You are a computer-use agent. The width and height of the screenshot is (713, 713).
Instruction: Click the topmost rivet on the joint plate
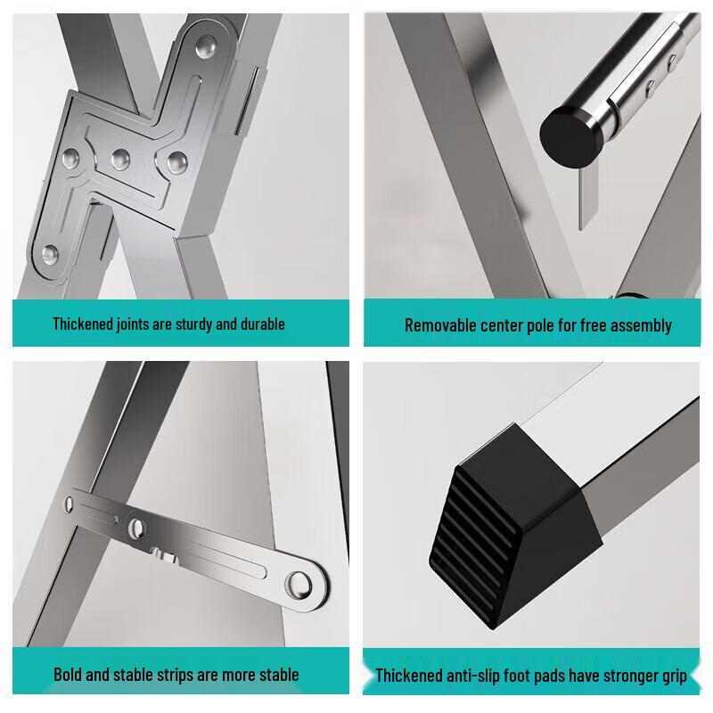tap(207, 45)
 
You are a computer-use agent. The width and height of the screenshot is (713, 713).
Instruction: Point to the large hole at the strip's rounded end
tap(299, 585)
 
